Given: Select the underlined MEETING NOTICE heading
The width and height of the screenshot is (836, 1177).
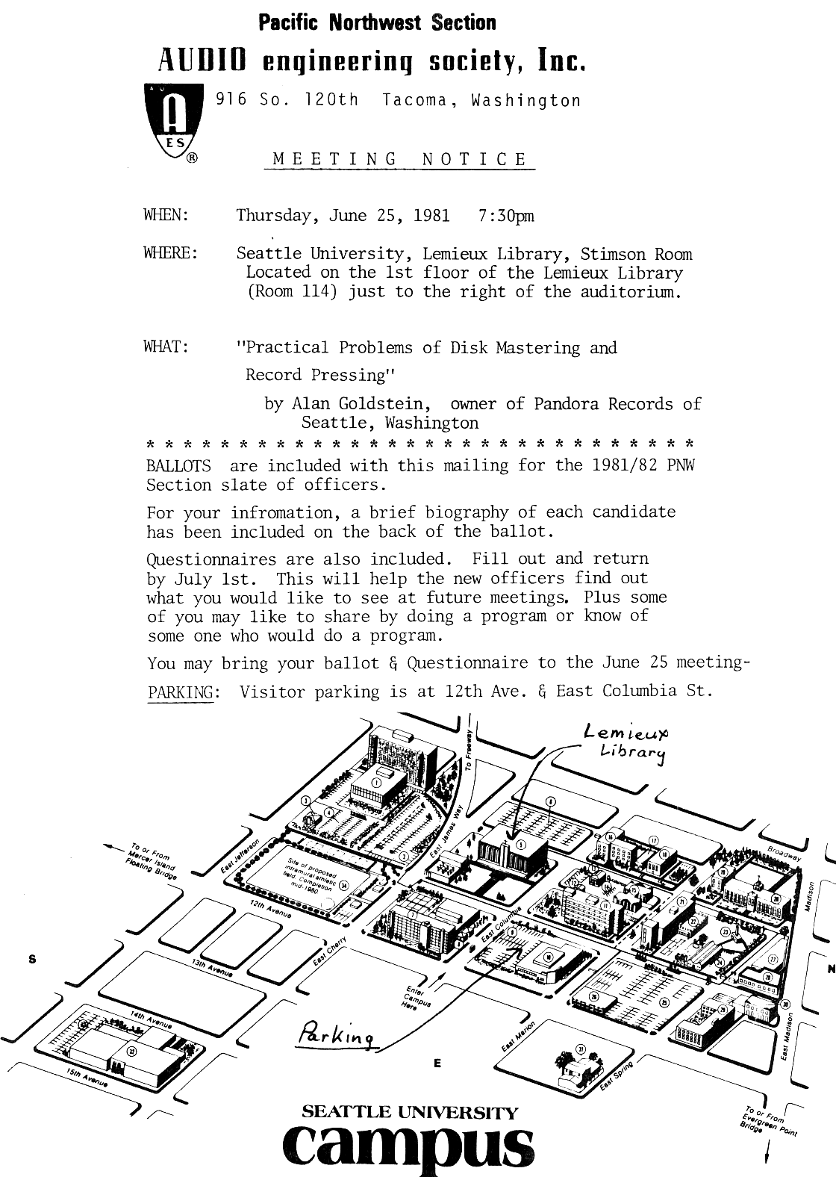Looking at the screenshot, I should (400, 159).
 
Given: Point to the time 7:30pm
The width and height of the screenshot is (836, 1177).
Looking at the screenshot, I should (505, 216).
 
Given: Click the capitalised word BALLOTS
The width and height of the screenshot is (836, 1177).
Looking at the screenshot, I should (179, 466).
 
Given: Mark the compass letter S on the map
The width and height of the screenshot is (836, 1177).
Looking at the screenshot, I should (31, 960).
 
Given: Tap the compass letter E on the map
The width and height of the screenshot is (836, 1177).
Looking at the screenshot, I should (437, 1063).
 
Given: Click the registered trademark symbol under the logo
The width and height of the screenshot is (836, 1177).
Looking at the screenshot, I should (192, 158).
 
